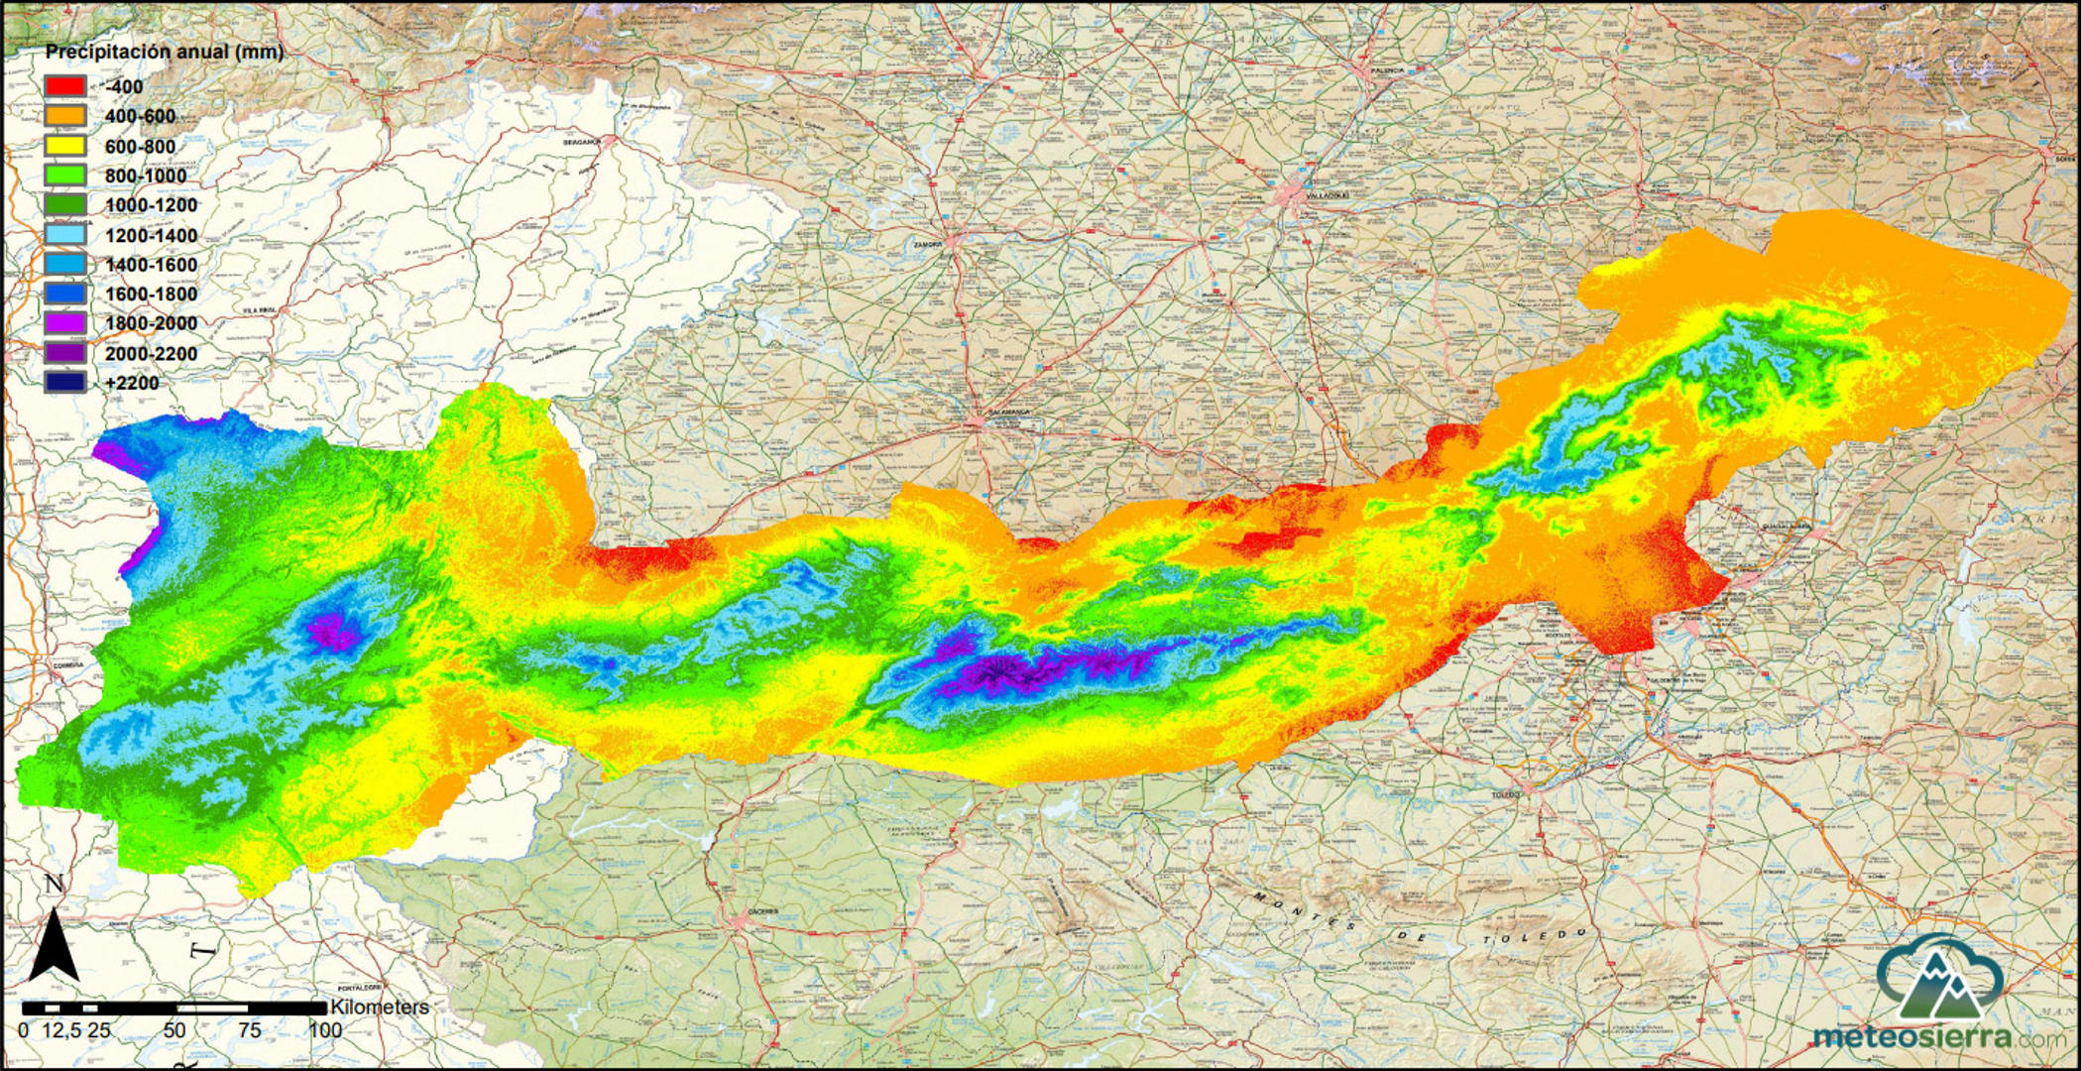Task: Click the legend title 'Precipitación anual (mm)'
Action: pos(165,52)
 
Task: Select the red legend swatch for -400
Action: pos(63,86)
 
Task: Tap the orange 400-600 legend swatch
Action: pos(63,116)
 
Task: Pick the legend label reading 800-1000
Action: pos(146,177)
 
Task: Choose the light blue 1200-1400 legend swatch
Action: pos(63,235)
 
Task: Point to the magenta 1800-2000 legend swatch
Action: pos(63,323)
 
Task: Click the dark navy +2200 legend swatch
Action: pos(63,383)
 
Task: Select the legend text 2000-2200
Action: pos(151,354)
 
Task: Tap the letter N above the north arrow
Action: pos(55,885)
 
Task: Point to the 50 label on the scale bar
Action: pos(174,1030)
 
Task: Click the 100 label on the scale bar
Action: pos(324,1030)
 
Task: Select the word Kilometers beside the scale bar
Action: pos(380,1008)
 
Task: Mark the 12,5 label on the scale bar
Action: pos(61,1030)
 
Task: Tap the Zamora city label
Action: pos(928,242)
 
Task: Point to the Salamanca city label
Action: pos(1002,412)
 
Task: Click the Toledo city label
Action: pos(1504,794)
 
